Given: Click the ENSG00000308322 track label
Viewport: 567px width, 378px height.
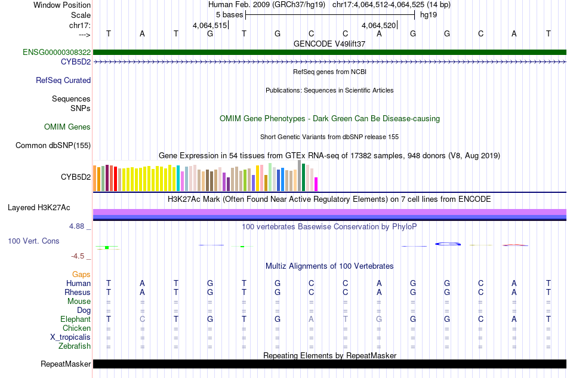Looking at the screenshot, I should coord(57,53).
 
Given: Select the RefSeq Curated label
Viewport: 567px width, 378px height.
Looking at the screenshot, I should coord(63,80).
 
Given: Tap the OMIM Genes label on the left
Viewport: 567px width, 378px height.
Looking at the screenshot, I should coord(67,127).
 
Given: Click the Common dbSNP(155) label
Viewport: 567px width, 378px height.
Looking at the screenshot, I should coord(53,145).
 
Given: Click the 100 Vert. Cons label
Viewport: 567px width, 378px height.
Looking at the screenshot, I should coord(33,241).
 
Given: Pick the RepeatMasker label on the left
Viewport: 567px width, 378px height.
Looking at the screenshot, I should coord(66,364).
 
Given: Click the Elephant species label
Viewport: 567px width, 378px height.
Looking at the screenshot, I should coord(75,319).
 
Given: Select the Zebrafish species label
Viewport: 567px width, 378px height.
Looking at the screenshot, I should coord(75,346).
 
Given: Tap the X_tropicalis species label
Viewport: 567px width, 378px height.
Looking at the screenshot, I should coord(70,337).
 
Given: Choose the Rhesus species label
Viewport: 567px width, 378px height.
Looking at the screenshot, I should coord(78,292).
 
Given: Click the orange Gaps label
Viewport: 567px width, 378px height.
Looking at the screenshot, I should coord(81,274).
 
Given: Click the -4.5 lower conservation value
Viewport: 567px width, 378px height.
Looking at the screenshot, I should coord(78,256).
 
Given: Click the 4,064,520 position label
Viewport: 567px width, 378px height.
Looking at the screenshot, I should coord(378,25).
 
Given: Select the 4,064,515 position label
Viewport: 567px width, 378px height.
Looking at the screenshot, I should coord(209,25).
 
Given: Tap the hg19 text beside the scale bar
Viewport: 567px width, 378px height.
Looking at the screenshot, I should coord(429,14).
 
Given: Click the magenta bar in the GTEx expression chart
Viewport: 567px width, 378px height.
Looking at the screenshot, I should coord(316,184).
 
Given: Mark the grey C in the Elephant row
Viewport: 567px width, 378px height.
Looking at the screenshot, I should coord(142,319).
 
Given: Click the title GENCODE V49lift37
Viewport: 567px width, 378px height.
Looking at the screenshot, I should coord(329,44).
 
